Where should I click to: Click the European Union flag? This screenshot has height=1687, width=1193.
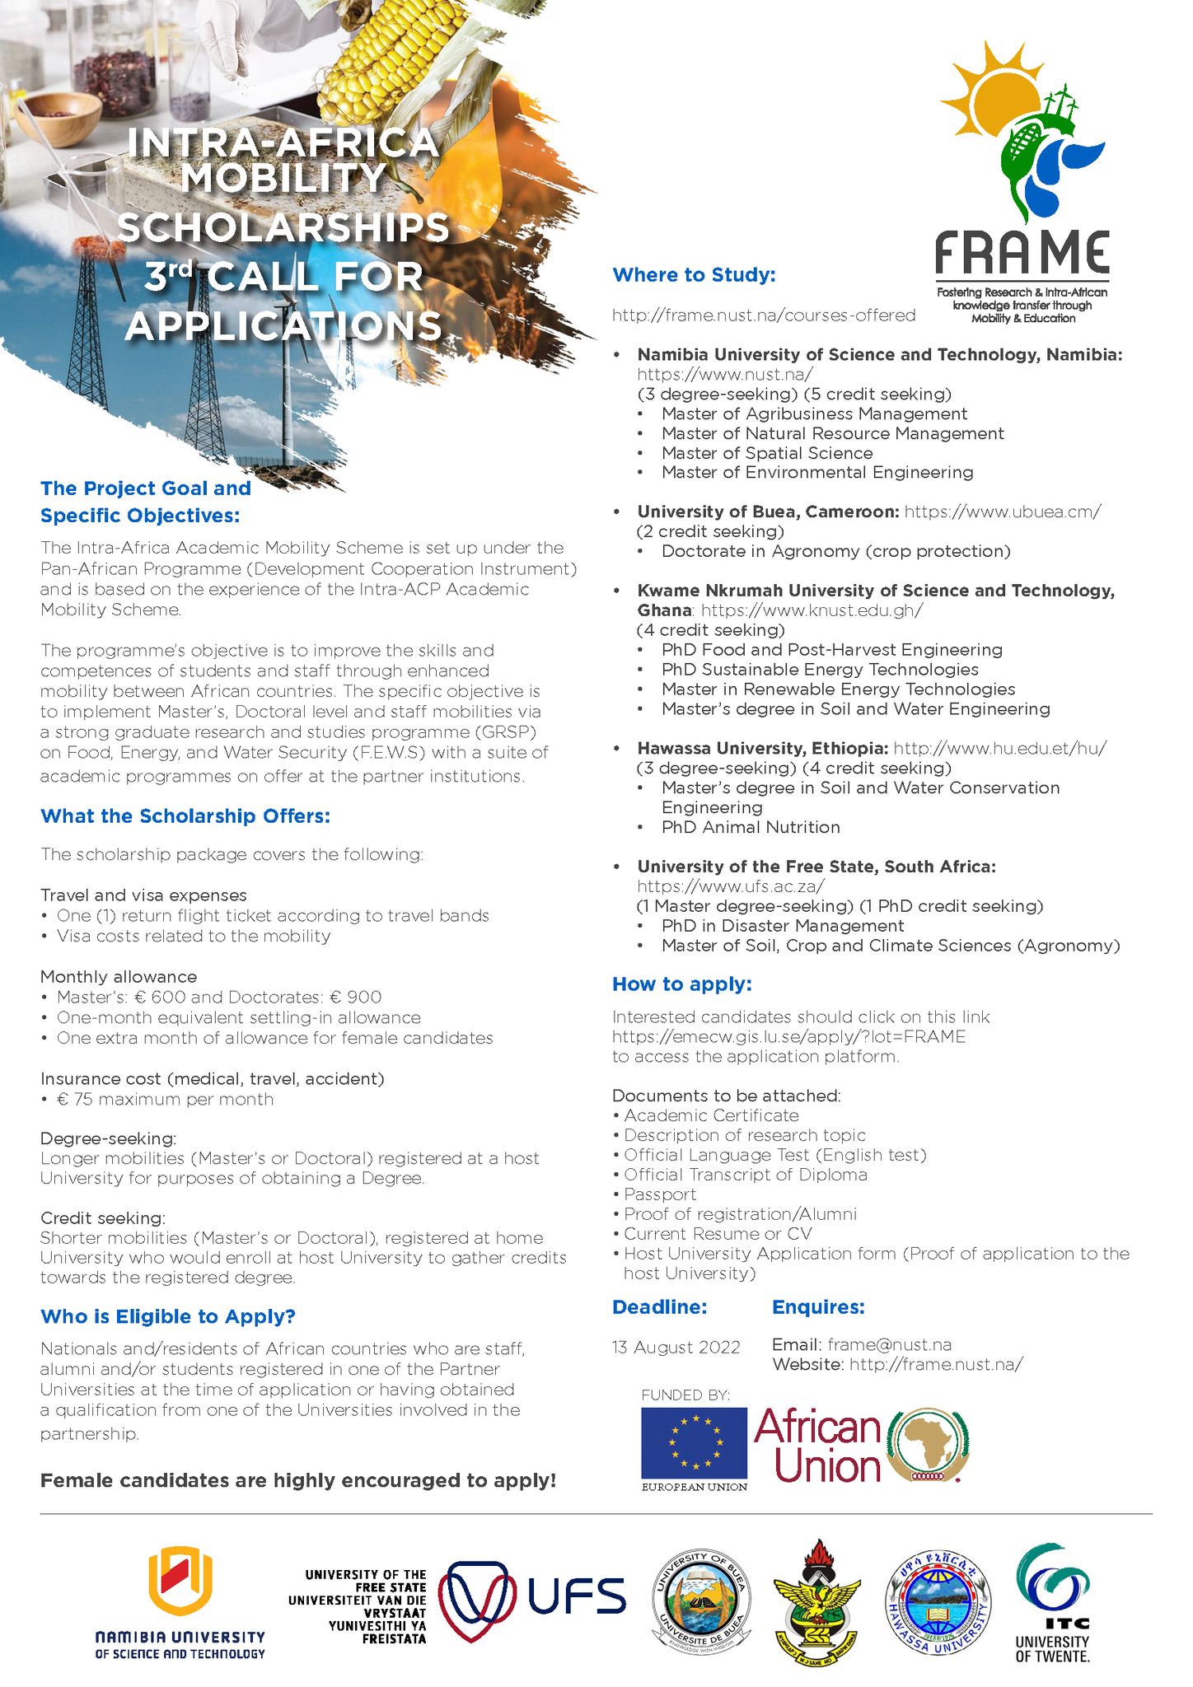coord(694,1442)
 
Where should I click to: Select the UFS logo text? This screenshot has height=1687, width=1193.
coord(576,1596)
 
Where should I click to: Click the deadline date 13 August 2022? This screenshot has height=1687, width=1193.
coord(676,1348)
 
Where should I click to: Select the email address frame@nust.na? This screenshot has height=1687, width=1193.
coord(889,1344)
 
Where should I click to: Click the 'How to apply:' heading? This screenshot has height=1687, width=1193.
coord(681,984)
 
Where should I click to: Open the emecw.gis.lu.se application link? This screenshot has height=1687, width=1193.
coord(788,1036)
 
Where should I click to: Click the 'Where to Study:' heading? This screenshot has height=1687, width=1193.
coord(694,275)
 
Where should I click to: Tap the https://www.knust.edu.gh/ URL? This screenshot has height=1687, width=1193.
coord(812,610)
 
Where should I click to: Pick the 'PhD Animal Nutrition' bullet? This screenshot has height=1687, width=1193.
coord(751,827)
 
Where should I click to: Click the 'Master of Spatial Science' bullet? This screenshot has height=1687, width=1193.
coord(766,453)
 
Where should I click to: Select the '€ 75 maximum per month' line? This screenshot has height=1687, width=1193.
coord(165,1099)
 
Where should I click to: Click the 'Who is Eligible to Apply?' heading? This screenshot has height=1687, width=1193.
coord(167,1316)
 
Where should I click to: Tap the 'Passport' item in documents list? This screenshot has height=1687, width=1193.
coord(660,1194)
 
